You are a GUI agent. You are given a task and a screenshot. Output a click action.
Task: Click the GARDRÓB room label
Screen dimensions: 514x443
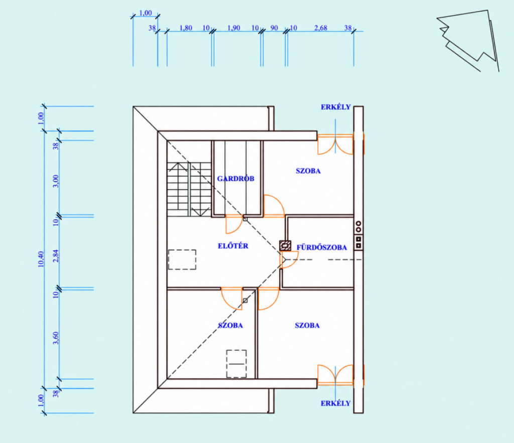coord(236,179)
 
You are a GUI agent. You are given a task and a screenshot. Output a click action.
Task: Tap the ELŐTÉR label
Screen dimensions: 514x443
coord(233,246)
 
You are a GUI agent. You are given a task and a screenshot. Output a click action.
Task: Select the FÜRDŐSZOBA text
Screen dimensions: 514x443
coord(322,247)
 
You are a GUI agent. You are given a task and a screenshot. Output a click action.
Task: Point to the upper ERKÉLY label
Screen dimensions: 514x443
coord(336,107)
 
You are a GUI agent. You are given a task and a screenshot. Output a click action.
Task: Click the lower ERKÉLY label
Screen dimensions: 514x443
coord(336,403)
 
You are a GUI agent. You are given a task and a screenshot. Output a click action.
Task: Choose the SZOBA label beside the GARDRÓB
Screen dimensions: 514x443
coord(308,171)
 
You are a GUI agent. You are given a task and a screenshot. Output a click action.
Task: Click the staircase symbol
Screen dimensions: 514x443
coord(189,189)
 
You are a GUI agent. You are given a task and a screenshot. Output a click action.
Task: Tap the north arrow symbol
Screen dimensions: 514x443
coord(468,41)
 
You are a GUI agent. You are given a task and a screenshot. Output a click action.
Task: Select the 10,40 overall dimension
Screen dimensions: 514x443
coord(41,259)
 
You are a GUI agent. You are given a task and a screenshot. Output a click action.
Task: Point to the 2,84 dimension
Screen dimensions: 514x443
coord(56,255)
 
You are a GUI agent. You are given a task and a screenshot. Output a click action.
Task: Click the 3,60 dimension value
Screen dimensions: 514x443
coord(56,338)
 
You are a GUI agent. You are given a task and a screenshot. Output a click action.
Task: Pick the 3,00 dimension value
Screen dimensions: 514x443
coord(56,181)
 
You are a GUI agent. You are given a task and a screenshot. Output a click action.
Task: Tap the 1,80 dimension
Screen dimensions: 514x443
coord(186,28)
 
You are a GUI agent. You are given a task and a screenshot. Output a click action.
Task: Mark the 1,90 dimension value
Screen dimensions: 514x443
coord(234,28)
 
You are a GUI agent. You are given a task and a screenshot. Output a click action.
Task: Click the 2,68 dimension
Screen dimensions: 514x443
coord(321,28)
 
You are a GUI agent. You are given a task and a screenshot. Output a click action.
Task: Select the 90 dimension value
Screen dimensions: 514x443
coord(274,28)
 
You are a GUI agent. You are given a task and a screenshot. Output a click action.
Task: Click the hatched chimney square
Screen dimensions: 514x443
coord(285,246)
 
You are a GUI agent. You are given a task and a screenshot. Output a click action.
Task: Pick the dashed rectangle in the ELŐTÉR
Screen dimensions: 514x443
coord(182,259)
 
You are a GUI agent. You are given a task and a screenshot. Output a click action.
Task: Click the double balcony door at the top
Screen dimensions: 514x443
coord(335,144)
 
